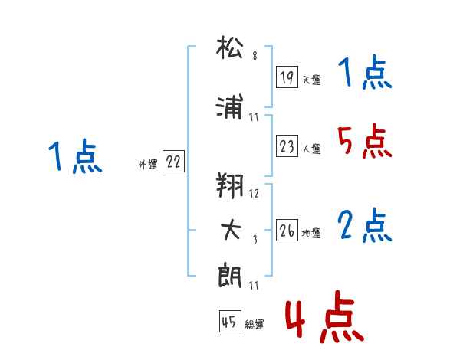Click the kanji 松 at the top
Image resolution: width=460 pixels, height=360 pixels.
(230, 47)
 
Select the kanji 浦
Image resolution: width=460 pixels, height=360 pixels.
(230, 106)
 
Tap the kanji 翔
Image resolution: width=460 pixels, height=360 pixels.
(230, 185)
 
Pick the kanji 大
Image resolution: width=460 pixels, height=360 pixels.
(231, 230)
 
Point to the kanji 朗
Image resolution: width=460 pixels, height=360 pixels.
(230, 276)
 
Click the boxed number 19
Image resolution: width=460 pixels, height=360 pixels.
(287, 77)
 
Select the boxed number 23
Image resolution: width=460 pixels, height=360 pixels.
(287, 146)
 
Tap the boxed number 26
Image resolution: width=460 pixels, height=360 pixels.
(287, 230)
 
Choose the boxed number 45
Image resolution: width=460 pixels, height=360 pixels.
(230, 321)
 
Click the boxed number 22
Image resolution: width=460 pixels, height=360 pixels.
(173, 161)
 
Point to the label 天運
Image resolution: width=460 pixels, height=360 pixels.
(311, 80)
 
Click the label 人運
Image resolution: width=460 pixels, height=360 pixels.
(311, 149)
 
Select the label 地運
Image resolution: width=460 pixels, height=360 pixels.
(311, 234)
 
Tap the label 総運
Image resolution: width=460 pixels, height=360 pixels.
(255, 325)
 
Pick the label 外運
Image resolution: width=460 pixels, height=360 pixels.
(148, 165)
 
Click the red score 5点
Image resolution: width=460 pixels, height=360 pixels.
(364, 141)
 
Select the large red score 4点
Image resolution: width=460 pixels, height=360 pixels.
(325, 317)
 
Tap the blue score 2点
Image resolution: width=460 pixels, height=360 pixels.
(364, 226)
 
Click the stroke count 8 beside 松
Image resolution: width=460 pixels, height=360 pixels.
(255, 55)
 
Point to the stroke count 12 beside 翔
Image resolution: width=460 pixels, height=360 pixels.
(254, 193)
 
